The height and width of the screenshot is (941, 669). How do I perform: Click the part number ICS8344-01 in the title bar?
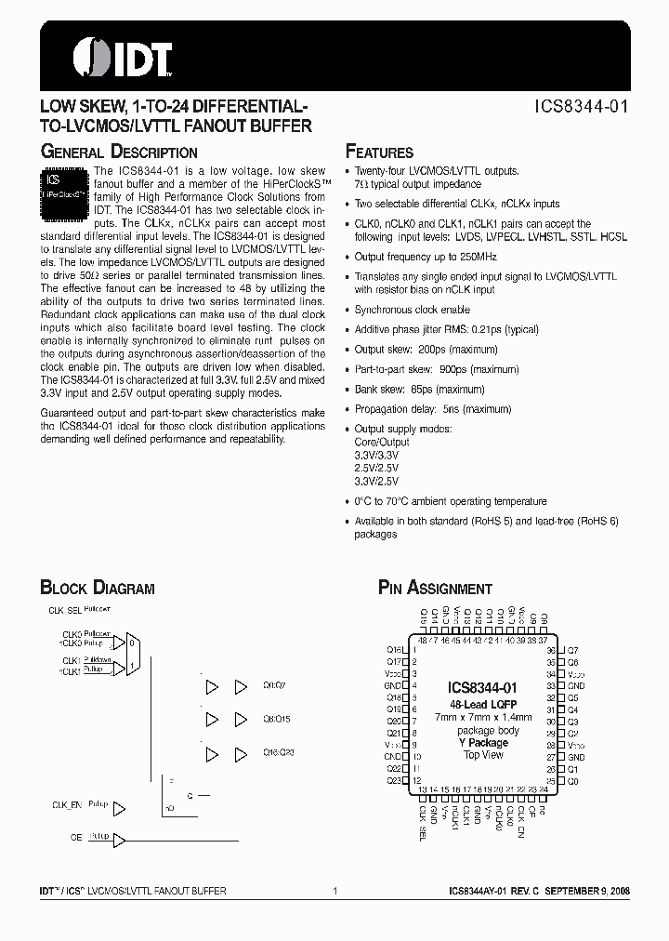click(582, 106)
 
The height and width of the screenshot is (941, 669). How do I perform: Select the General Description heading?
click(118, 152)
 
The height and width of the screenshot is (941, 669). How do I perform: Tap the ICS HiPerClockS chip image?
click(64, 192)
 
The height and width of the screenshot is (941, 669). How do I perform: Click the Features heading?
click(379, 152)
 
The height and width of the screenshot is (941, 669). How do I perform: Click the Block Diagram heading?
click(97, 588)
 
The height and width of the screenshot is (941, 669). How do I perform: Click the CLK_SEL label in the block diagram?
click(63, 610)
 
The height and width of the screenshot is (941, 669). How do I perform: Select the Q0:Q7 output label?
click(275, 685)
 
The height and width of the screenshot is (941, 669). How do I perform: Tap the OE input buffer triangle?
click(119, 838)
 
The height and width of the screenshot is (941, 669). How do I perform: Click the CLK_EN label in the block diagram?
click(64, 805)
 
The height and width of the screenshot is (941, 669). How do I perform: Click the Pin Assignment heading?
click(434, 588)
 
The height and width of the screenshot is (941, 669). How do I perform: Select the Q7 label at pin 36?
click(573, 650)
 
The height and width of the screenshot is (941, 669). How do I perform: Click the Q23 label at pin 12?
click(393, 781)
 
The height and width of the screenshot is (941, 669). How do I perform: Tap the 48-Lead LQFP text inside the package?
click(482, 705)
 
